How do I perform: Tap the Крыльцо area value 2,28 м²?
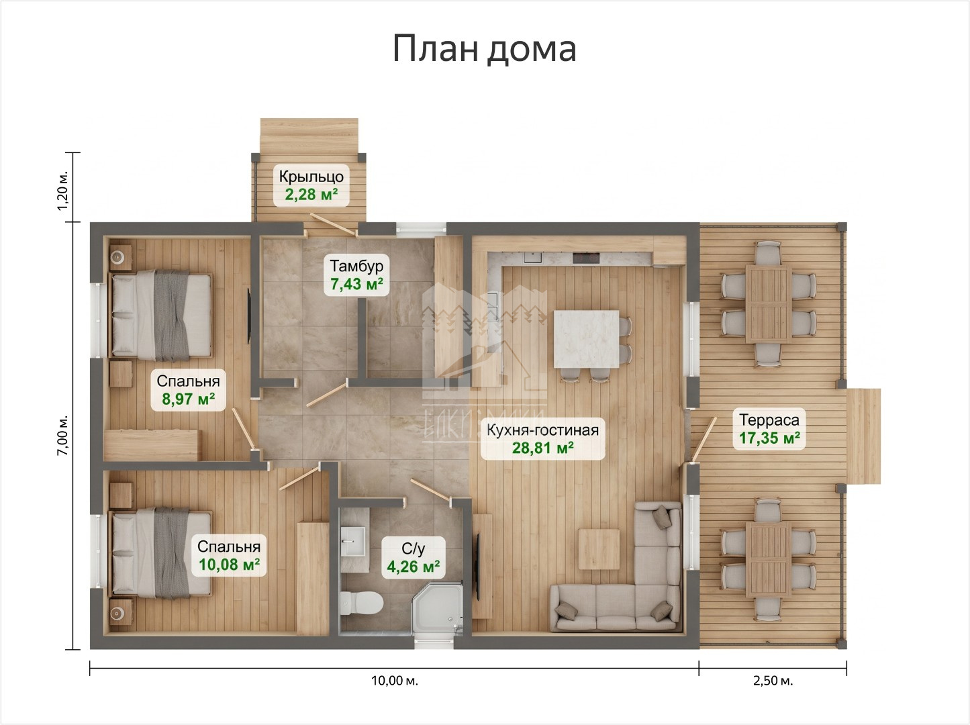click(x=311, y=195)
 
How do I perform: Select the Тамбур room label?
click(x=356, y=266)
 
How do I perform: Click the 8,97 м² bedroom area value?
click(x=188, y=399)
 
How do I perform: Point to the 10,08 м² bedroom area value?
click(x=229, y=565)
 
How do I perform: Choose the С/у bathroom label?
click(x=414, y=548)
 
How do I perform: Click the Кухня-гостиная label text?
click(x=542, y=430)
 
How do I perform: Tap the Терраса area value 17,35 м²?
click(x=769, y=438)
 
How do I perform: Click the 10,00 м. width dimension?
click(x=394, y=681)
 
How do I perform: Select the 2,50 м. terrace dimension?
click(x=773, y=681)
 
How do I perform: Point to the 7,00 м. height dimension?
click(x=62, y=436)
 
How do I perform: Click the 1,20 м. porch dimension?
click(x=62, y=191)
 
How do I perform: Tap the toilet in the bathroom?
click(x=361, y=603)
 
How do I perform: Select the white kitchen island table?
click(x=587, y=339)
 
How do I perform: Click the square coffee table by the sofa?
click(x=599, y=549)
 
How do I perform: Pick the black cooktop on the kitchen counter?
click(x=586, y=258)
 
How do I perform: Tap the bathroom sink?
click(x=354, y=541)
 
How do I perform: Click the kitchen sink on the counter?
click(x=533, y=257)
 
